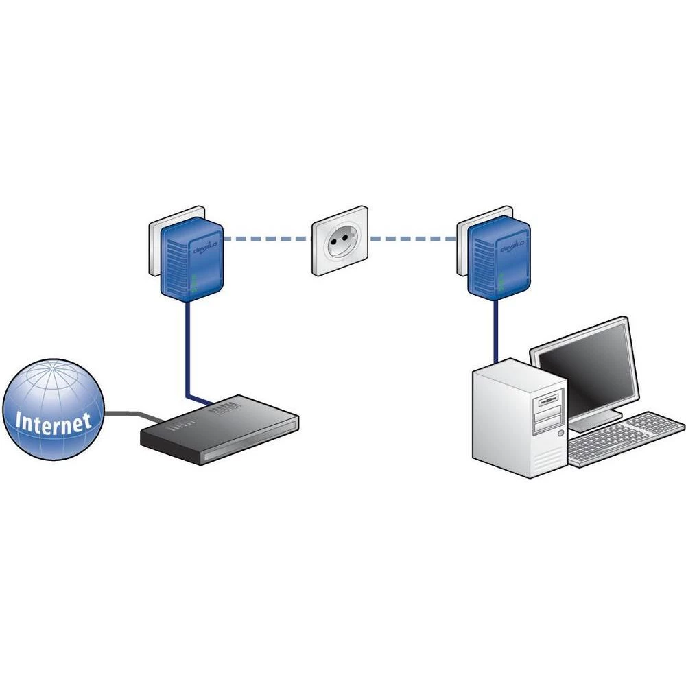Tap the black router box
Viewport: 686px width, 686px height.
click(220, 432)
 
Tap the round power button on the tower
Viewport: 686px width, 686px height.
click(561, 434)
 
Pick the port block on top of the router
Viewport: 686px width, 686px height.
click(223, 410)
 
